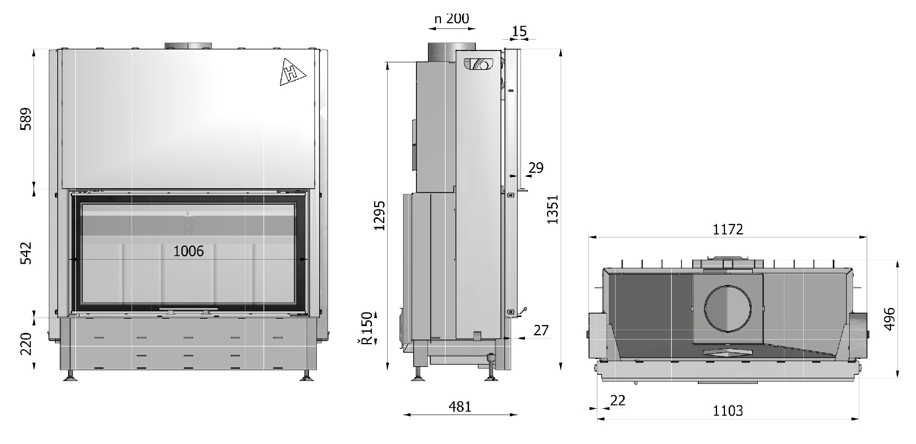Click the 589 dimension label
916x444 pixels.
pos(26,119)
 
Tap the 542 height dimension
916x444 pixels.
pos(26,253)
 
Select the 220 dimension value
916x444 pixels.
pos(26,344)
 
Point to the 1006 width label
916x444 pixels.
pos(189,251)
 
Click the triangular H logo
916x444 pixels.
pos(292,73)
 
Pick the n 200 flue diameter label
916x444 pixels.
pos(452,18)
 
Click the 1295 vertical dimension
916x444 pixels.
pos(379,215)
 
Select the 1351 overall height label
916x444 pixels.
pos(553,209)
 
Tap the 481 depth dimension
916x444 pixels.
pos(460,407)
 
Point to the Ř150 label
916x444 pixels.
pos(367,328)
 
